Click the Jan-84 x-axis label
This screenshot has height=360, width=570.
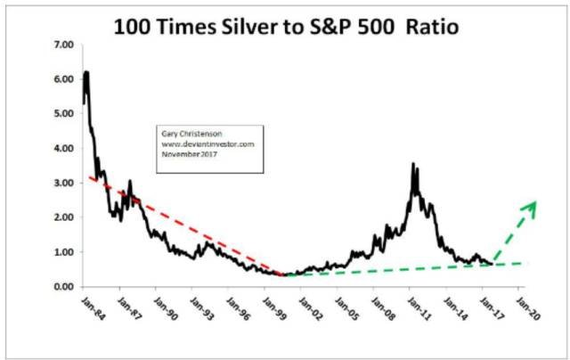click(79, 309)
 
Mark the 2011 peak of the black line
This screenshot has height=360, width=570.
click(412, 164)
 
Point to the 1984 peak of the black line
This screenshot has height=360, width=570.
click(86, 72)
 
